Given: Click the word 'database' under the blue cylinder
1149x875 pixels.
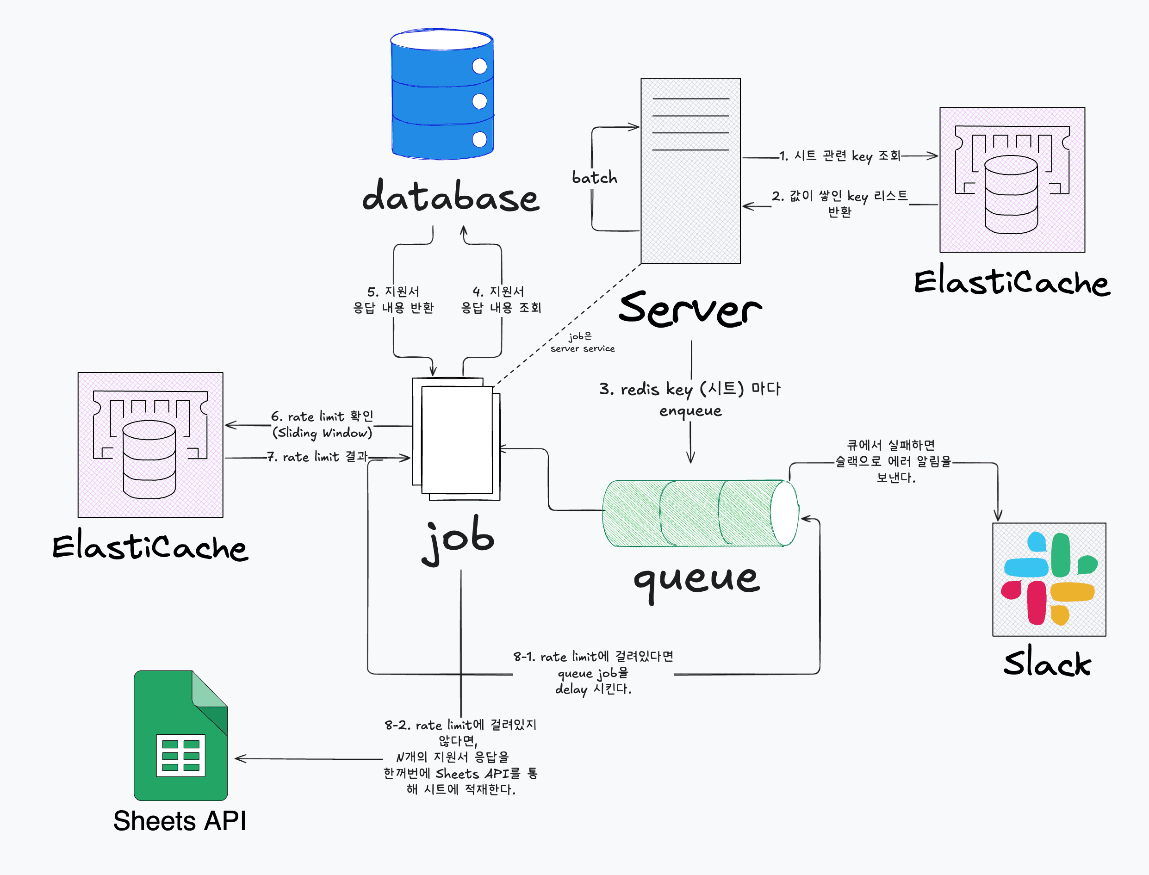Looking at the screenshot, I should click(451, 197).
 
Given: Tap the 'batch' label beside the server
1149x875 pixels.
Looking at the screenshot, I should click(594, 178).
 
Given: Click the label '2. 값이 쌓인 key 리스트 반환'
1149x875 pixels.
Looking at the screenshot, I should click(839, 203).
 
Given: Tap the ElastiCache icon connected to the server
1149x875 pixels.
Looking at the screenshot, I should click(1012, 180).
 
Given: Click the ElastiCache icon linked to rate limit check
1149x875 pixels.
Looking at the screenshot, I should click(150, 444).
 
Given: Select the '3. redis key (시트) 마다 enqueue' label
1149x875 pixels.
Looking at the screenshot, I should click(690, 399).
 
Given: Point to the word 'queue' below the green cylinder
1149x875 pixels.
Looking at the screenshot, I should click(696, 579).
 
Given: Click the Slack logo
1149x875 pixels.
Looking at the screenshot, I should click(1049, 579).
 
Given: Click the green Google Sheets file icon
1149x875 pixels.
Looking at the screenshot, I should click(181, 735).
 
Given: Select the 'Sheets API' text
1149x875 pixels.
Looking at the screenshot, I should click(180, 821).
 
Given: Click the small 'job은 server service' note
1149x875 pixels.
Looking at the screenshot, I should click(582, 342).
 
